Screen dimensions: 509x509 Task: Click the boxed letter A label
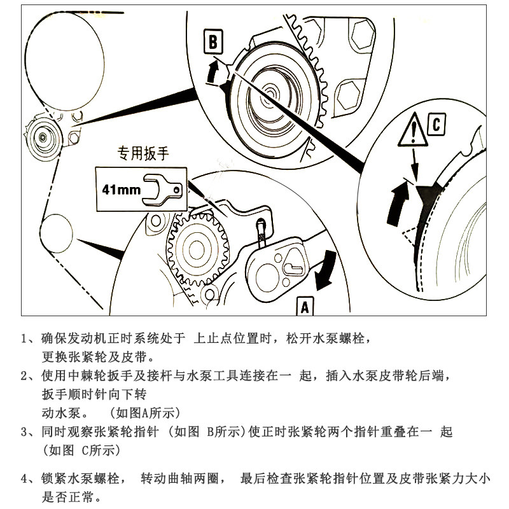[304, 306]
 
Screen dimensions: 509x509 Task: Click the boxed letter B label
[214, 42]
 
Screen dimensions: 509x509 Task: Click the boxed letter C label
[435, 125]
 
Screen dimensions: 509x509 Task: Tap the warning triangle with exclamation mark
[412, 131]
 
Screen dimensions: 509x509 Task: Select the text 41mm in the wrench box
[122, 189]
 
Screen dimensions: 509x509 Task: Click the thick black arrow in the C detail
[398, 195]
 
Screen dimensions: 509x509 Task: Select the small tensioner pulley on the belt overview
[43, 135]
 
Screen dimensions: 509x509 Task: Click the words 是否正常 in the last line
[70, 495]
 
